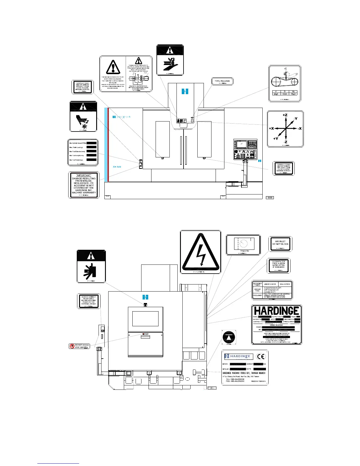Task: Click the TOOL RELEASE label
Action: [x=222, y=81]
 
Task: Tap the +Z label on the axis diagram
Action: [x=285, y=115]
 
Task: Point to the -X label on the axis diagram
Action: [x=300, y=129]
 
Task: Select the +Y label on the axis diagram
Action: [x=276, y=139]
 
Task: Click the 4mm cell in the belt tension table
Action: [x=284, y=94]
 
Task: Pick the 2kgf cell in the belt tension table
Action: [x=276, y=94]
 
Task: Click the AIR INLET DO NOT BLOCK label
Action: [x=280, y=243]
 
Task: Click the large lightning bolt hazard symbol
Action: [x=201, y=252]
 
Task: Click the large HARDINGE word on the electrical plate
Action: [x=276, y=311]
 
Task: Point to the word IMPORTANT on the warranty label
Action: [x=84, y=175]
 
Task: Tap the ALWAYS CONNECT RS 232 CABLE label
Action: [x=88, y=300]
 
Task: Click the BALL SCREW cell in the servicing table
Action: [x=285, y=284]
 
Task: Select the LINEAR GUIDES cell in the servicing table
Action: [x=271, y=284]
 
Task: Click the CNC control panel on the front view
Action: [x=245, y=149]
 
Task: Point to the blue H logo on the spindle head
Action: [x=185, y=91]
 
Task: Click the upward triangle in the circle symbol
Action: [x=229, y=336]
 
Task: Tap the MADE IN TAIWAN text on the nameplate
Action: [x=258, y=381]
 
